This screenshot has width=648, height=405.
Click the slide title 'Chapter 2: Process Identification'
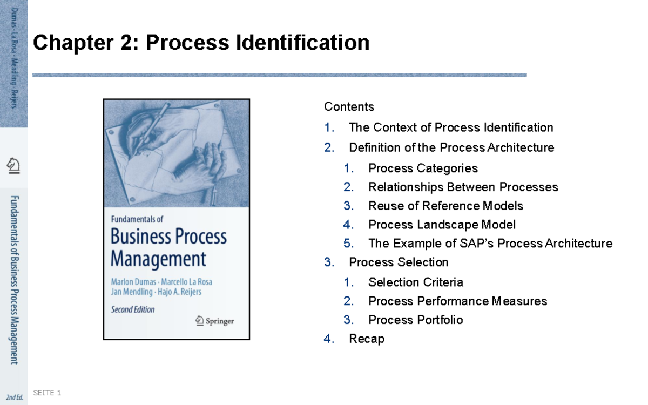(x=201, y=43)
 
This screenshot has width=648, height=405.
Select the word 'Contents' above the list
(x=349, y=106)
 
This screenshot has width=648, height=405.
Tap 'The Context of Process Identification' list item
(x=451, y=127)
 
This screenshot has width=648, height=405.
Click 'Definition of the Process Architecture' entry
(x=451, y=147)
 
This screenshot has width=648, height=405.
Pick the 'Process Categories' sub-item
(x=423, y=168)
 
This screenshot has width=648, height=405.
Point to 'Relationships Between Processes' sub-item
(x=463, y=187)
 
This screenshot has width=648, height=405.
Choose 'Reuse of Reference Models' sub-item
(x=446, y=206)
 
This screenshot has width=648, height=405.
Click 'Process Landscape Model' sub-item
(x=442, y=225)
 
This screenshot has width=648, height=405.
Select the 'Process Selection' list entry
(x=399, y=262)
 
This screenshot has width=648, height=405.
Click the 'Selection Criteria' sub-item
(x=416, y=282)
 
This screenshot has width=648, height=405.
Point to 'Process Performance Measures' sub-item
(x=457, y=301)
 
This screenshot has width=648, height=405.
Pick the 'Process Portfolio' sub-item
(x=415, y=320)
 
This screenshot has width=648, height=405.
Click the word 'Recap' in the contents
(x=367, y=339)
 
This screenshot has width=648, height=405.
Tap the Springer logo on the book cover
(x=214, y=321)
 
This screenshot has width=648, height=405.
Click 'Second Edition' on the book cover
(x=133, y=310)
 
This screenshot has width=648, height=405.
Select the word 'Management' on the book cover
(x=158, y=259)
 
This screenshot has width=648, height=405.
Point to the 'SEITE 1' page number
(x=47, y=393)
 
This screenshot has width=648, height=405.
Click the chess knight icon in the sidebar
(x=13, y=165)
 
